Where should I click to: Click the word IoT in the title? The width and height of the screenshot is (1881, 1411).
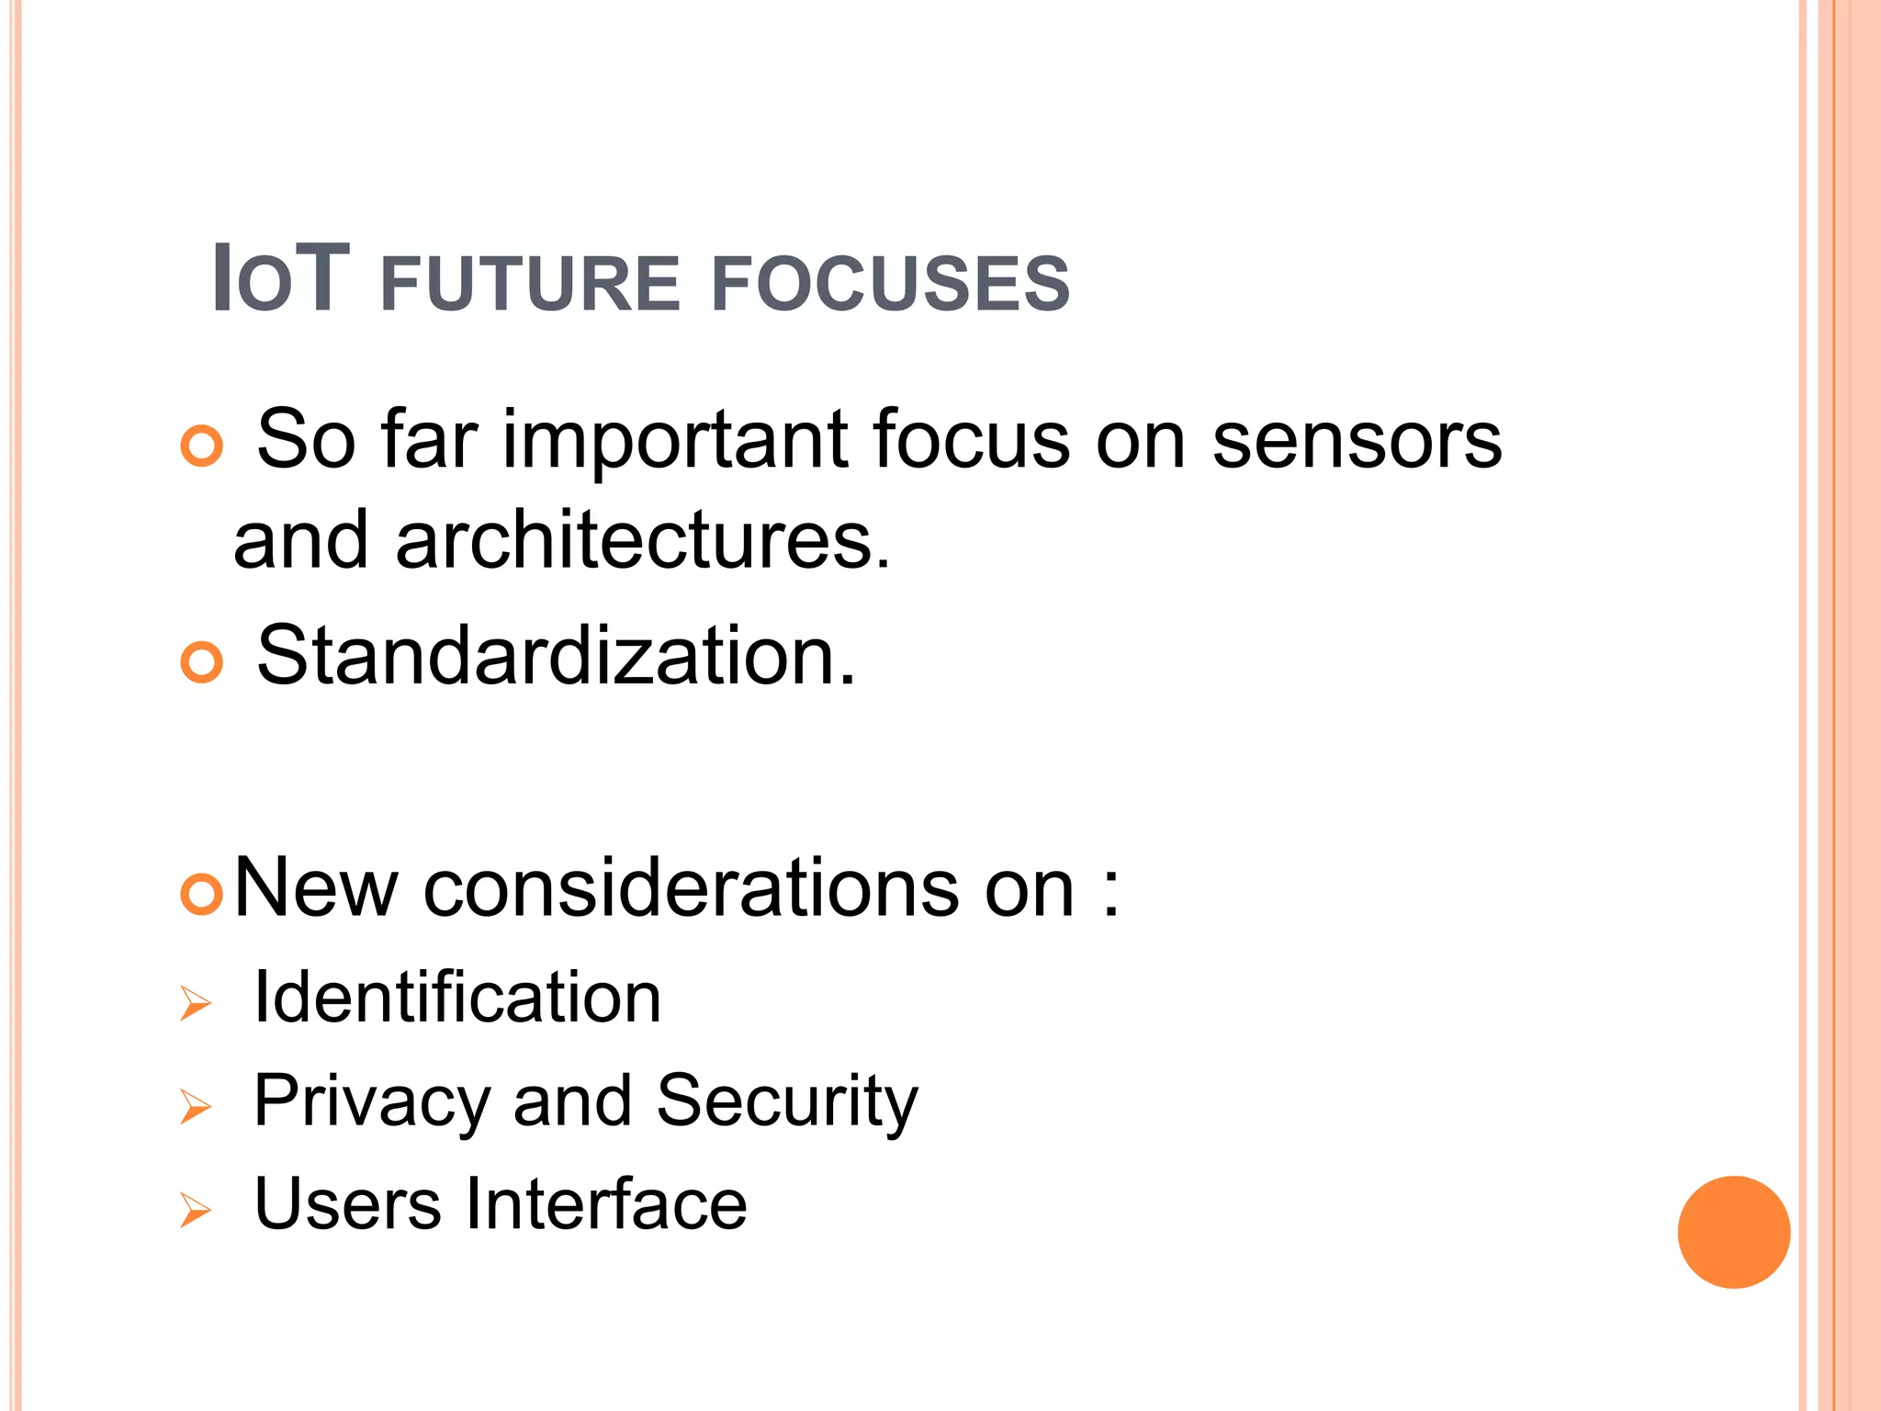[280, 279]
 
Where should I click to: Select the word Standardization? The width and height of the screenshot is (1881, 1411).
[556, 656]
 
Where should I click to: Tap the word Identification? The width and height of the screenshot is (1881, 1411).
[457, 998]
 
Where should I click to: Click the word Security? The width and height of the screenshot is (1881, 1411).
[787, 1101]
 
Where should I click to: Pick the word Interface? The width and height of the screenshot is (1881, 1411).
[606, 1203]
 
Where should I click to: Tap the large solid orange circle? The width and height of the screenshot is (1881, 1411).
[1733, 1232]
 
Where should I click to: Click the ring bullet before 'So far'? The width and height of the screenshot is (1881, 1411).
[202, 447]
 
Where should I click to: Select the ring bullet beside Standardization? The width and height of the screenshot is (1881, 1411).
[202, 662]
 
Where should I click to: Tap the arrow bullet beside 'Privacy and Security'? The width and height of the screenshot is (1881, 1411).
[195, 1106]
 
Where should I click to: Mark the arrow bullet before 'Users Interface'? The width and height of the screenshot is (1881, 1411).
[195, 1209]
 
